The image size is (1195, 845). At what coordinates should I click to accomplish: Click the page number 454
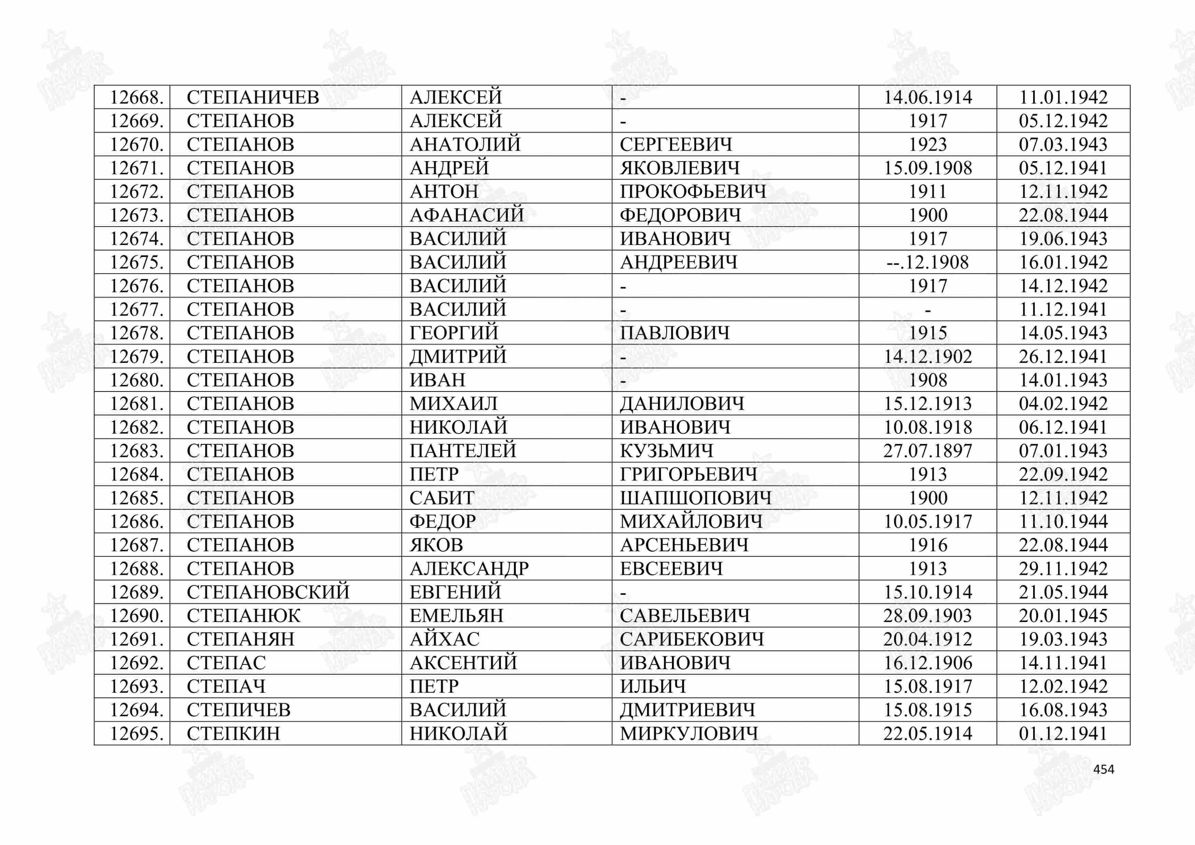pyautogui.click(x=1103, y=769)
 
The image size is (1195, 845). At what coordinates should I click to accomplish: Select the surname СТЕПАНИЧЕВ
pyautogui.click(x=253, y=97)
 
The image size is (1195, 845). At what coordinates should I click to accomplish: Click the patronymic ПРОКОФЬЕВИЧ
pyautogui.click(x=693, y=191)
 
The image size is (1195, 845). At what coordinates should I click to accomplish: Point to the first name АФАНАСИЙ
pyautogui.click(x=466, y=215)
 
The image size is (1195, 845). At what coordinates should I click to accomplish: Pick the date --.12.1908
pyautogui.click(x=927, y=262)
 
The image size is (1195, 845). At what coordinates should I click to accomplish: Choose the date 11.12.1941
pyautogui.click(x=1063, y=310)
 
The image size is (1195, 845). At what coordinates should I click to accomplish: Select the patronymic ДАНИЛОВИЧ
pyautogui.click(x=682, y=404)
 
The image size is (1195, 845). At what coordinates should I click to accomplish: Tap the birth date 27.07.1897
pyautogui.click(x=927, y=450)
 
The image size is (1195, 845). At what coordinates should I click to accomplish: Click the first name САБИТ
pyautogui.click(x=442, y=498)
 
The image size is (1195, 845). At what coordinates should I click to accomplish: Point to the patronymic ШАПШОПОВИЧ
pyautogui.click(x=695, y=498)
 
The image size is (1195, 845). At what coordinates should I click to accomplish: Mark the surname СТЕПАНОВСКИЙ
pyautogui.click(x=268, y=592)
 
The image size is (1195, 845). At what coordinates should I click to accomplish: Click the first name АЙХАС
pyautogui.click(x=445, y=639)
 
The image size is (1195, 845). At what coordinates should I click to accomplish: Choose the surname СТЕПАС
pyautogui.click(x=226, y=663)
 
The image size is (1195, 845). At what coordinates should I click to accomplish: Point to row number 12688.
pyautogui.click(x=136, y=569)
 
